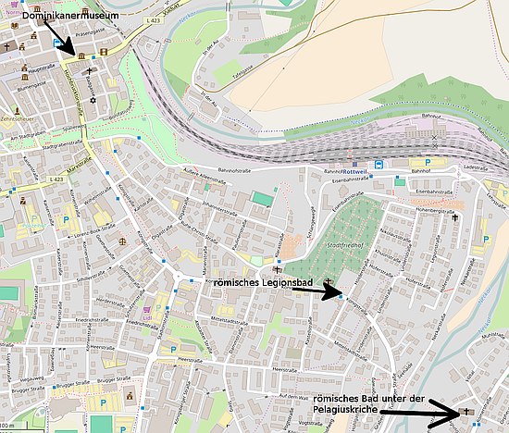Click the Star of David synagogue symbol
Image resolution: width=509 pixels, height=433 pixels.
click(x=92, y=96)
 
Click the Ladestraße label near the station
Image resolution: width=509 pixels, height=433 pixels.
click(x=484, y=171)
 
